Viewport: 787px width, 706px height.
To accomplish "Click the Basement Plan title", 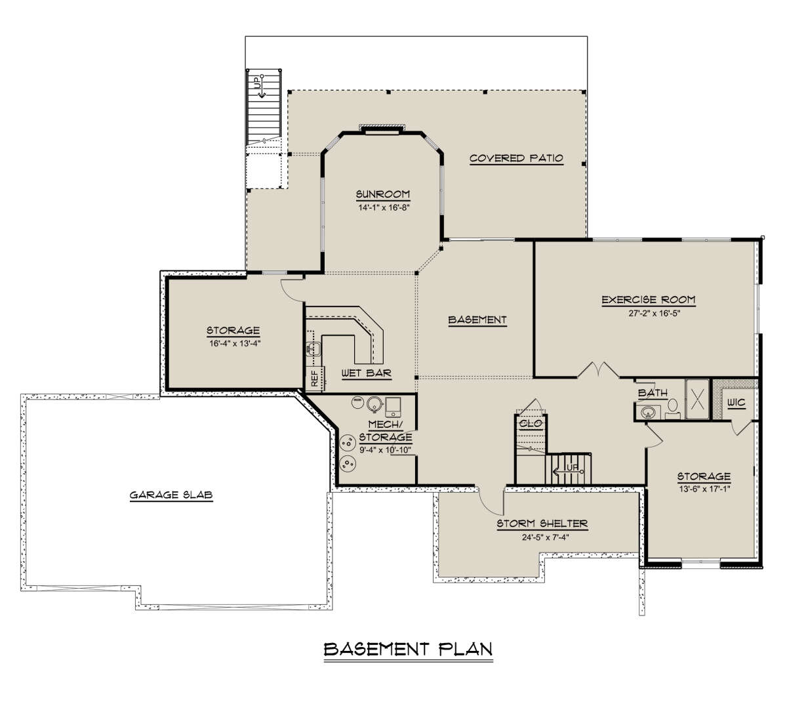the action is pyautogui.click(x=408, y=649).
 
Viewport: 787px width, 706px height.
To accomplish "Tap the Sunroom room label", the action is pyautogui.click(x=382, y=194).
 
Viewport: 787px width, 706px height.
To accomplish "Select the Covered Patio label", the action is pyautogui.click(x=516, y=158).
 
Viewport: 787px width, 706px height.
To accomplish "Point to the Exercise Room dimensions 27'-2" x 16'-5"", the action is pyautogui.click(x=655, y=313).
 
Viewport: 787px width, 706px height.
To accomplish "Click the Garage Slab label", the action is pyautogui.click(x=171, y=495).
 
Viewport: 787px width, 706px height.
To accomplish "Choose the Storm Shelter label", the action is pyautogui.click(x=542, y=524).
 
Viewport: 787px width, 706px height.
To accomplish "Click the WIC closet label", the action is pyautogui.click(x=737, y=403).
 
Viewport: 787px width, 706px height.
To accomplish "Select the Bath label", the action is pyautogui.click(x=653, y=392).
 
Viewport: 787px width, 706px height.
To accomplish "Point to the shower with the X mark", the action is pyautogui.click(x=697, y=399).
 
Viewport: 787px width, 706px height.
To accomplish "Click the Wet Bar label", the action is pyautogui.click(x=367, y=373).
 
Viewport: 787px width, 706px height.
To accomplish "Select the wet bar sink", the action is pyautogui.click(x=313, y=348).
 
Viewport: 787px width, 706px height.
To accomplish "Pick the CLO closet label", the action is pyautogui.click(x=531, y=423).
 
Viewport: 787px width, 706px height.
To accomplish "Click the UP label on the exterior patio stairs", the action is pyautogui.click(x=257, y=83).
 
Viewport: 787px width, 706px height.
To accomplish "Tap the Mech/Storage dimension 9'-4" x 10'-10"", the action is pyautogui.click(x=385, y=450).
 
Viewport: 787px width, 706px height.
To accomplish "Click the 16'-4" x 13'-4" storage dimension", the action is pyautogui.click(x=235, y=343).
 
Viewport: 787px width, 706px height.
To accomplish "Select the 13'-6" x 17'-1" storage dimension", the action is pyautogui.click(x=704, y=489).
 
